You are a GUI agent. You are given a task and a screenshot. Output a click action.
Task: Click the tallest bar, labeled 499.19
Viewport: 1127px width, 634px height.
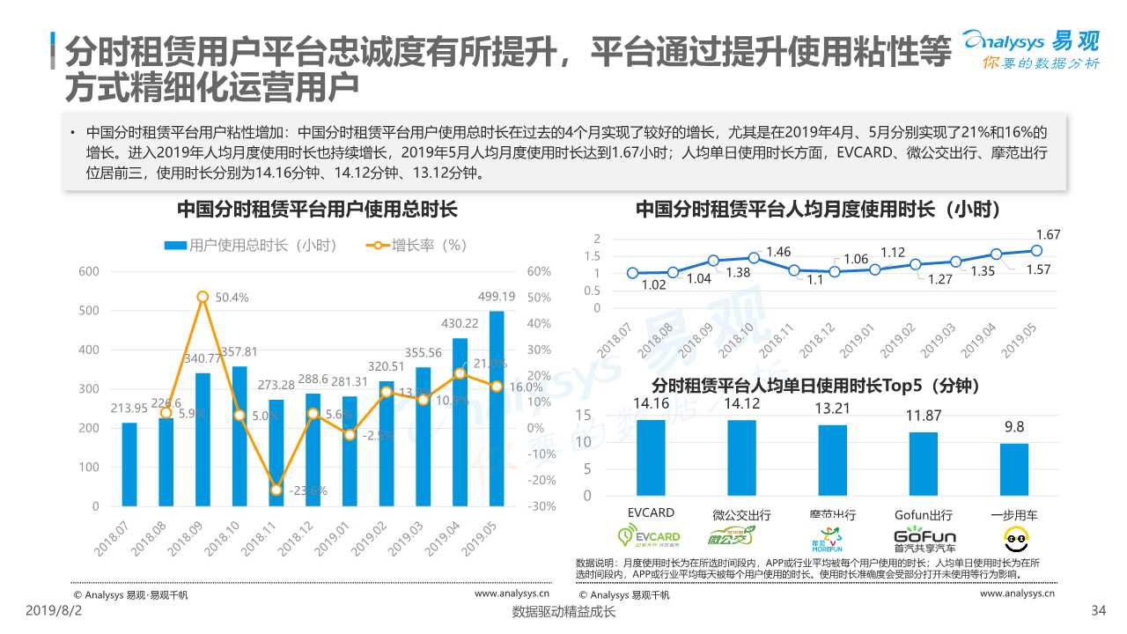(497, 409)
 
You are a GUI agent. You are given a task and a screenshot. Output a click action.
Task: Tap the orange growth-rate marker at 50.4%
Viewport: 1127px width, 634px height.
(203, 297)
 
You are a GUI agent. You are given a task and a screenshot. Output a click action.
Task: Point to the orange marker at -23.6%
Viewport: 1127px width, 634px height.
(276, 490)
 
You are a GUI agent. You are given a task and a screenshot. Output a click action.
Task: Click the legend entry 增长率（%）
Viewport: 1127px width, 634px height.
(416, 246)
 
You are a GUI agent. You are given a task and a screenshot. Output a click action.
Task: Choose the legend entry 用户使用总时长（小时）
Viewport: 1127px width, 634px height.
(252, 246)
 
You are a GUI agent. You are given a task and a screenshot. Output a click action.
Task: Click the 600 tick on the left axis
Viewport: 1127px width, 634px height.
(88, 271)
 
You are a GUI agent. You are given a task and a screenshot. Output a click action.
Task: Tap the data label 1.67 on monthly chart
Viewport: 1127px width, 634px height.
(1048, 234)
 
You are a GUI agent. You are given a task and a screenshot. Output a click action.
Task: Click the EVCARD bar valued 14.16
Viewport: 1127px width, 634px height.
(651, 457)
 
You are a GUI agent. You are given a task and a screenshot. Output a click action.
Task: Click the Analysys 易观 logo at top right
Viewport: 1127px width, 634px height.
(1030, 48)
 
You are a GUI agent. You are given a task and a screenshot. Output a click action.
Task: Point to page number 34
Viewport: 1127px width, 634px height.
(1097, 610)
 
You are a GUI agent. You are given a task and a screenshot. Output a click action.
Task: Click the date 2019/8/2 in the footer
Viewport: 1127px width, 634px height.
(51, 610)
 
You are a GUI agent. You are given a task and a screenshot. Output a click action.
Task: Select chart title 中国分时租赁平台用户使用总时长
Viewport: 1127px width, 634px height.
(317, 210)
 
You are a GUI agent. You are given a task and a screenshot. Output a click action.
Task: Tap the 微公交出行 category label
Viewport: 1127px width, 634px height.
(741, 514)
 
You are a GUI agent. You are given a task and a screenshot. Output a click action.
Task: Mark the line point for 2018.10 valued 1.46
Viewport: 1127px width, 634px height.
(754, 257)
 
